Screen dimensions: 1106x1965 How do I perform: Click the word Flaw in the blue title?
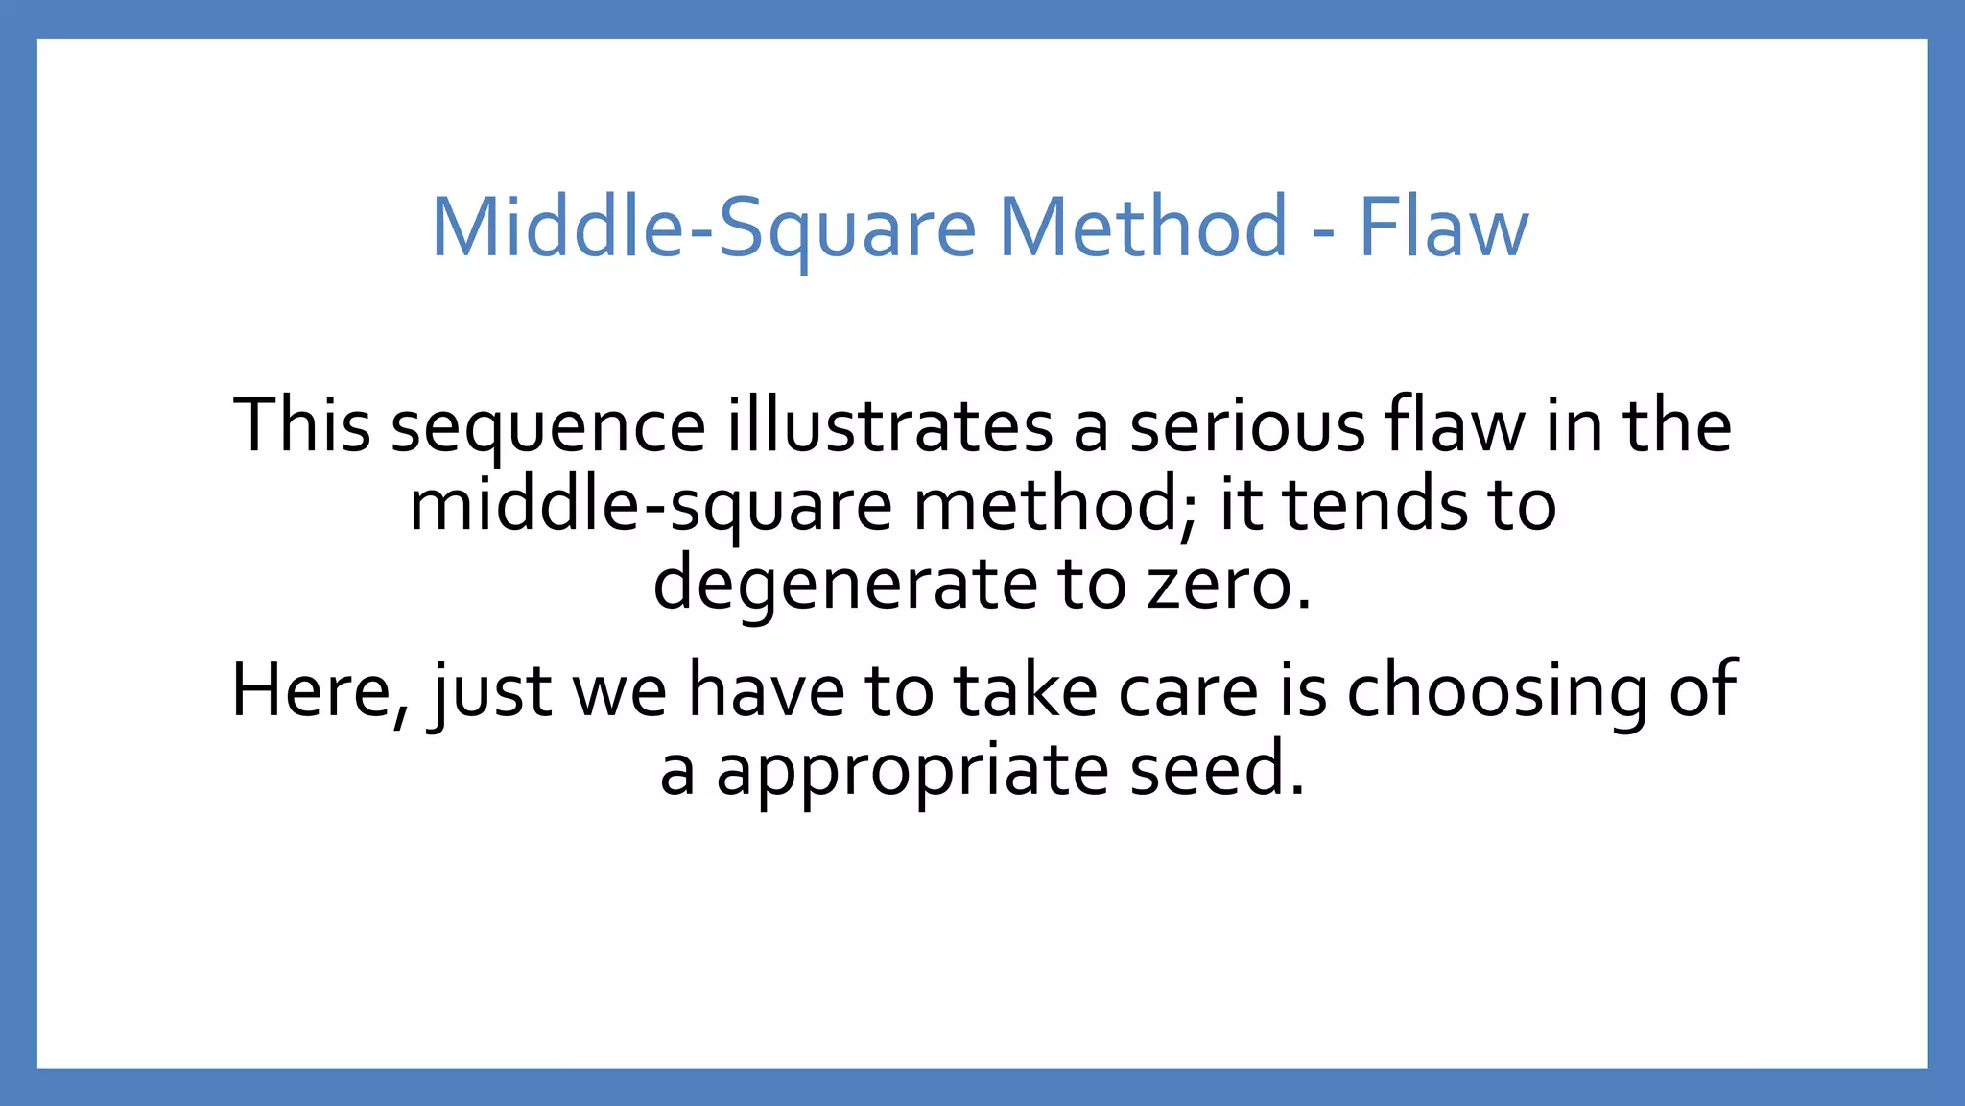[1444, 228]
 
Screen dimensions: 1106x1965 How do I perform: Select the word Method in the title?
[1143, 228]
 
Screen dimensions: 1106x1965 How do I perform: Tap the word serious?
[1246, 427]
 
